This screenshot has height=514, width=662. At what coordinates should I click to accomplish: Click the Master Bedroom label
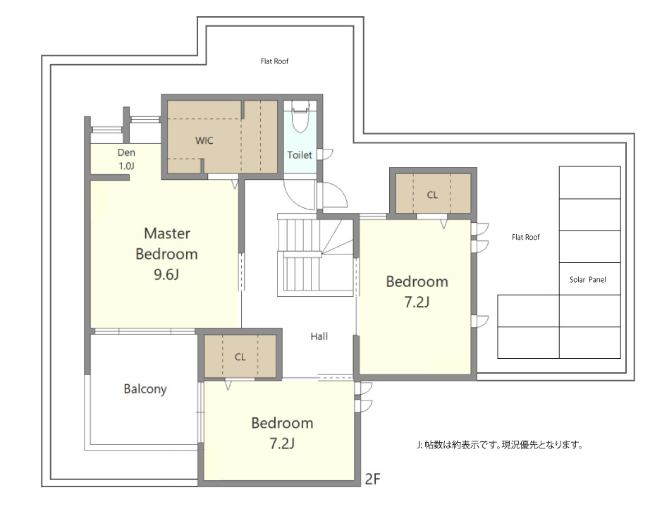click(x=167, y=244)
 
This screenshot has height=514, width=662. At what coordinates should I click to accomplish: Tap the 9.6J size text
click(x=166, y=275)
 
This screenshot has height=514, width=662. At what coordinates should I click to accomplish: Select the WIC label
click(x=204, y=140)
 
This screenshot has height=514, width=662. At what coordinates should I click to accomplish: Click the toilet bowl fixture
click(x=300, y=117)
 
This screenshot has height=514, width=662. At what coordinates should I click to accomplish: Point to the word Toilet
click(x=300, y=155)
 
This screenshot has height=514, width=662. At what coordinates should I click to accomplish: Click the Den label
click(x=126, y=152)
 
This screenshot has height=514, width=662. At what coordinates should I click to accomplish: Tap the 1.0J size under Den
click(x=126, y=166)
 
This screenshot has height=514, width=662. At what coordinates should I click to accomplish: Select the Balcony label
click(x=145, y=389)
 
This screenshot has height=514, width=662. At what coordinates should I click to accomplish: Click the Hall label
click(x=319, y=336)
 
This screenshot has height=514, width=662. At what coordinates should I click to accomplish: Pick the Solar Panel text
click(x=588, y=280)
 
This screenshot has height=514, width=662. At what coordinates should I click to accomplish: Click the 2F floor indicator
click(x=372, y=479)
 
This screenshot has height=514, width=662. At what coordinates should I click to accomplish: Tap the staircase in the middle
click(x=315, y=255)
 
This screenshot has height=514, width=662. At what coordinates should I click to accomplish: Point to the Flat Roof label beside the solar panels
click(x=526, y=238)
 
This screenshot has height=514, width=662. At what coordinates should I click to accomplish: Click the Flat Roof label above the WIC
click(x=274, y=61)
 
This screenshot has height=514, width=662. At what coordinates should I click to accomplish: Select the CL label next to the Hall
click(x=240, y=357)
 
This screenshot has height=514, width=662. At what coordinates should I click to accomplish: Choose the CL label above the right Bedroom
click(x=432, y=195)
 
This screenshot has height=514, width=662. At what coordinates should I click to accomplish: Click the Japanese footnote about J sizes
click(x=499, y=445)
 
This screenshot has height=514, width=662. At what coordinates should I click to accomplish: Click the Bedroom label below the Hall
click(x=282, y=423)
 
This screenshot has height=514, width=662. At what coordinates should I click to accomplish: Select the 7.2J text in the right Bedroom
click(x=417, y=302)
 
